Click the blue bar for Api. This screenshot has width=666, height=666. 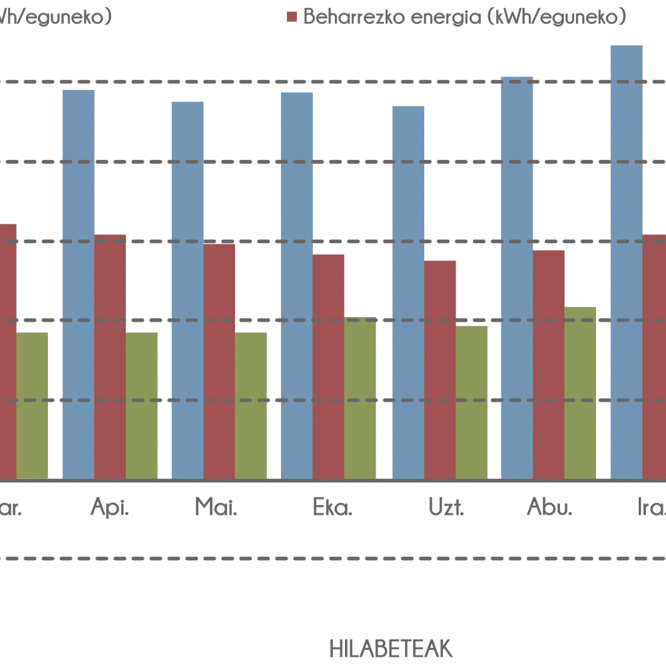pyautogui.click(x=78, y=284)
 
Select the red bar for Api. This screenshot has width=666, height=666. pyautogui.click(x=110, y=356)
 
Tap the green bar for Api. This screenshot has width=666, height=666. pyautogui.click(x=141, y=406)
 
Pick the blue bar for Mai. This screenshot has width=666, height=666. pyautogui.click(x=187, y=290)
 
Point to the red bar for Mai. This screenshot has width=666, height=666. pyautogui.click(x=219, y=361)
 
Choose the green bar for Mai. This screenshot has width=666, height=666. pyautogui.click(x=250, y=406)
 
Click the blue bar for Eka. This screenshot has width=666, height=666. pyautogui.click(x=296, y=286)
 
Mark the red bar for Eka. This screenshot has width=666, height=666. pyautogui.click(x=328, y=366)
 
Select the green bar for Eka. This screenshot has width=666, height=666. pyautogui.click(x=360, y=398)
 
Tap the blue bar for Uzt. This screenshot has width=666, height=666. pyautogui.click(x=408, y=292)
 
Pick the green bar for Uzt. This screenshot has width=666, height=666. pyautogui.click(x=472, y=402)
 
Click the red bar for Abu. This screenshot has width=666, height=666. pyautogui.click(x=548, y=364)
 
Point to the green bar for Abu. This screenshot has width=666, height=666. pyautogui.click(x=580, y=393)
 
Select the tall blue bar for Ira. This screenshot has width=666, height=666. pyautogui.click(x=626, y=262)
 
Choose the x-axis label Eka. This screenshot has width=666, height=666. pyautogui.click(x=332, y=509)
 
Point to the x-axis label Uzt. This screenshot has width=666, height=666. pyautogui.click(x=446, y=509)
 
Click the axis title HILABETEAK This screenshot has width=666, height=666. pyautogui.click(x=391, y=648)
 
